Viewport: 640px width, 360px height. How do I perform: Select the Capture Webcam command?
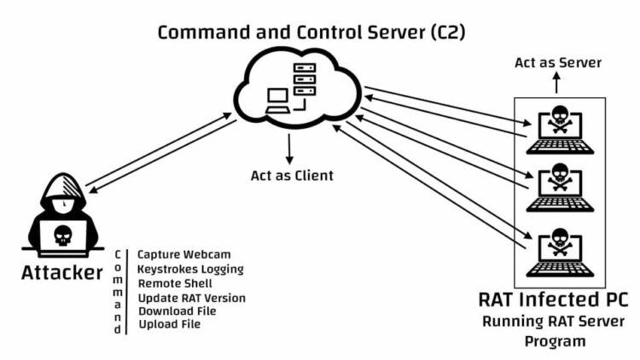[x=184, y=254]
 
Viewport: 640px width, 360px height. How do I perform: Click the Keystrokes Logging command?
[x=190, y=269]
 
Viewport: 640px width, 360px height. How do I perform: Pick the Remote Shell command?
[x=175, y=282]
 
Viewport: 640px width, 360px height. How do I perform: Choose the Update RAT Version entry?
[x=191, y=297]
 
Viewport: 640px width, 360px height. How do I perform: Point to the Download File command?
[x=177, y=311]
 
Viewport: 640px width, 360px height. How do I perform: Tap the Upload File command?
[x=169, y=324]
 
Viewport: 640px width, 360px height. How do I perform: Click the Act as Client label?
[x=291, y=176]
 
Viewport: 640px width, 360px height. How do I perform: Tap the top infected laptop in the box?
[x=560, y=131]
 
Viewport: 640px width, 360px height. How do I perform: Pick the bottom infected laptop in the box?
[x=560, y=252]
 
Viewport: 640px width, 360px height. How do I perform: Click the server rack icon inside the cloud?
[x=305, y=79]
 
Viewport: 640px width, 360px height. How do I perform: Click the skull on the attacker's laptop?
[x=62, y=235]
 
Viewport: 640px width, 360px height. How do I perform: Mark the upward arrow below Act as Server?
[x=556, y=83]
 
